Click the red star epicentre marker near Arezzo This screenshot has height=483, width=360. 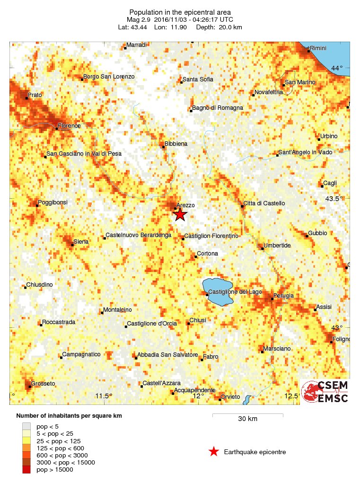[x=180, y=215]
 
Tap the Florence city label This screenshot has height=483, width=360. [x=70, y=126]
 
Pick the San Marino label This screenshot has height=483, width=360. [x=299, y=83]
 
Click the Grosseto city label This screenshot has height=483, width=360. [x=43, y=383]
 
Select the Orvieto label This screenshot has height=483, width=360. [x=231, y=396]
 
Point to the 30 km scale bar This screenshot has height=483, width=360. [x=247, y=416]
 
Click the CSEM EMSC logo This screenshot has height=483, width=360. [x=325, y=391]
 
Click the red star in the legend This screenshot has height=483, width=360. [x=214, y=452]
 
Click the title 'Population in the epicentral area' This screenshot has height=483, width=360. [x=180, y=12]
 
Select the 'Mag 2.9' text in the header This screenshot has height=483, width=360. [x=138, y=19]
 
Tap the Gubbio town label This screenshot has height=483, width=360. [x=317, y=233]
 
